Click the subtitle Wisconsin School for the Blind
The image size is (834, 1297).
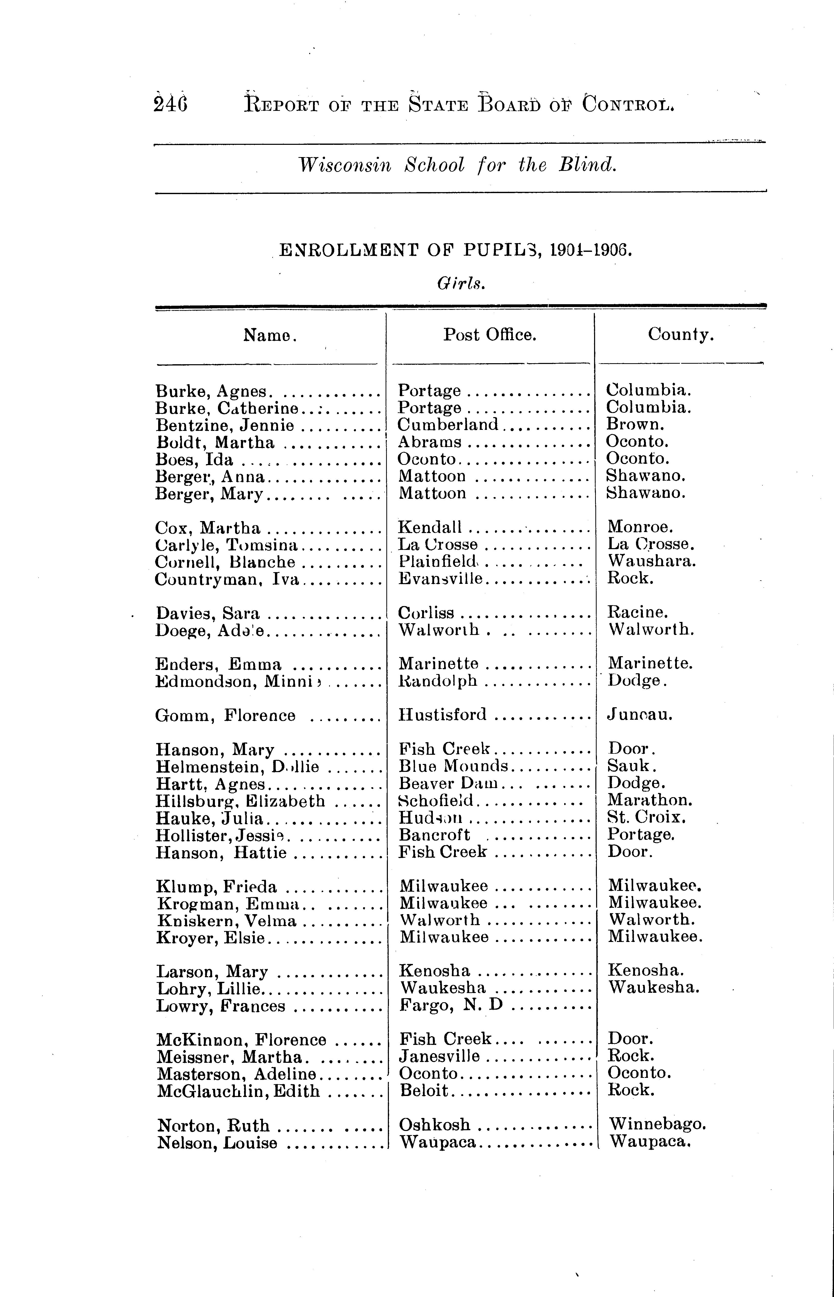tap(458, 164)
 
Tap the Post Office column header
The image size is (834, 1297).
tap(490, 335)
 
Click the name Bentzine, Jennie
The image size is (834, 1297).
tap(225, 426)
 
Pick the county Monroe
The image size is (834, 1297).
tap(640, 527)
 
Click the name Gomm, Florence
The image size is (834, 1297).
tap(225, 716)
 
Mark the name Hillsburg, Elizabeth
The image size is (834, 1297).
tap(240, 801)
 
